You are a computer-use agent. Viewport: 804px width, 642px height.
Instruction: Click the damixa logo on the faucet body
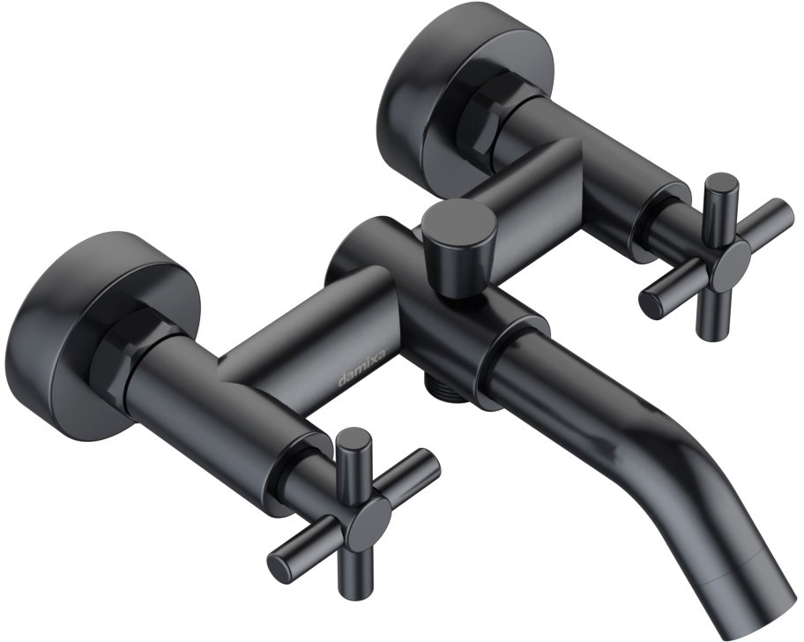363,364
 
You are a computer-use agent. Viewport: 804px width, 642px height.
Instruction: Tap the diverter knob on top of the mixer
458,245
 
